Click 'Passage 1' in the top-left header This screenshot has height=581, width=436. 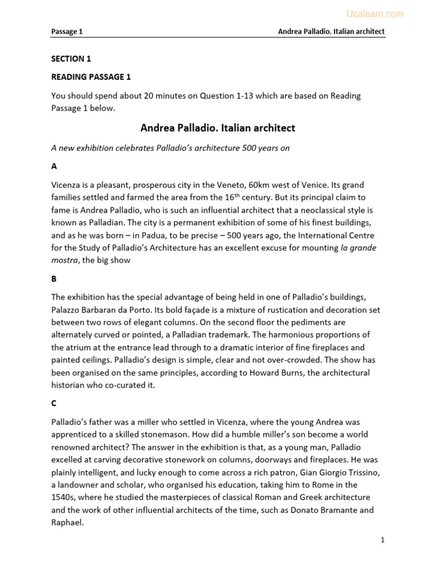coord(67,32)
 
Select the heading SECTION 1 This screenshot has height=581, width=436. coord(71,58)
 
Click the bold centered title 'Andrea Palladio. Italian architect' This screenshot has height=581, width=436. coord(218,128)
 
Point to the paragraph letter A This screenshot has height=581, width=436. coord(54,167)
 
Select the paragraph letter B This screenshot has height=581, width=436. coord(54,279)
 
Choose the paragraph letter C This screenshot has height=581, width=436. coord(54,404)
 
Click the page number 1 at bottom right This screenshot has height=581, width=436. coord(383,540)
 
